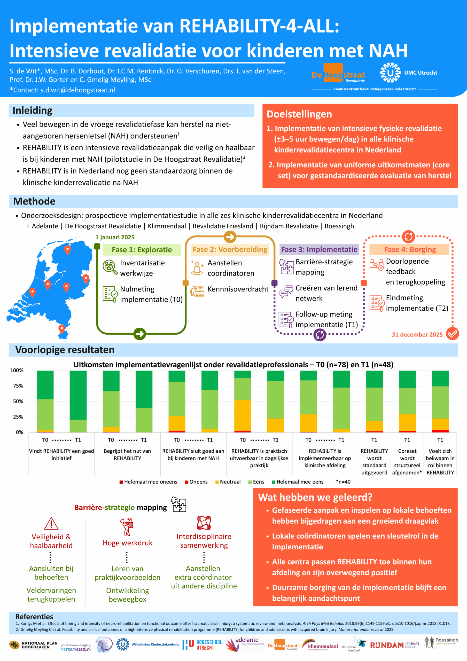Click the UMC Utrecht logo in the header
coord(408,73)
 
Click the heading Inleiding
coord(33,111)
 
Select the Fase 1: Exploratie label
coord(142,250)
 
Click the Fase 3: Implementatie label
coord(319,249)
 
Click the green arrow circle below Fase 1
coord(140,334)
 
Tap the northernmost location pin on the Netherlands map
coord(67,250)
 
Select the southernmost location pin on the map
coord(62,328)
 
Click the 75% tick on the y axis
coord(18,386)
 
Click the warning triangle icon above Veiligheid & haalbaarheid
coord(51,524)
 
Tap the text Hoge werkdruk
coord(128,543)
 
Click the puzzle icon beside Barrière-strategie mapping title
coord(179,504)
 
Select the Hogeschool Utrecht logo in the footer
coord(202,645)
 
